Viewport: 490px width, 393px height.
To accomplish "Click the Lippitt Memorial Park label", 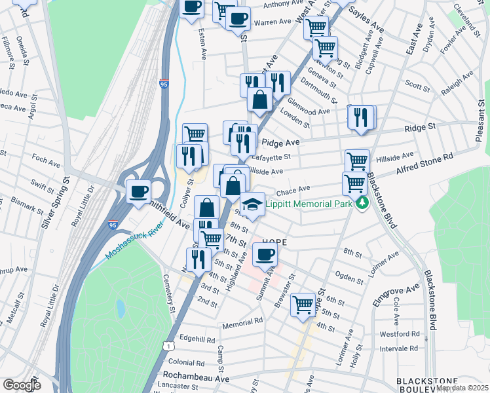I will click(x=310, y=204).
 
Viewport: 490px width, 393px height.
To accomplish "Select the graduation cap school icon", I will click(x=252, y=204).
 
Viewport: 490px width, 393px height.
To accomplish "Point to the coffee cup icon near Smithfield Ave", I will click(x=138, y=191).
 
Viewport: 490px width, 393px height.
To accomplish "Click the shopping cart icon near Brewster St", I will click(x=303, y=304).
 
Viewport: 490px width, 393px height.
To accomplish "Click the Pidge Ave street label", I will click(x=280, y=141).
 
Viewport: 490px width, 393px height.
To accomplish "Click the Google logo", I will click(x=22, y=385).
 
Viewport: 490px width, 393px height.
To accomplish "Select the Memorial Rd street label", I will click(x=242, y=323).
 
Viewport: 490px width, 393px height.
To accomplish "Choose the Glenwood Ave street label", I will click(x=309, y=112).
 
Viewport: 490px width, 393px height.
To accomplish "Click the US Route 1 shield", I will click(x=169, y=346).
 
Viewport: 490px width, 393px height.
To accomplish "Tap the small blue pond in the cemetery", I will click(x=121, y=307).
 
